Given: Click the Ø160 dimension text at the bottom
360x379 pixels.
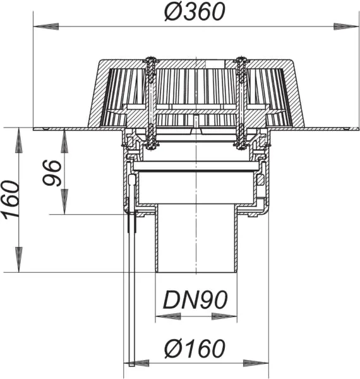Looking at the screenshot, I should tap(196, 348).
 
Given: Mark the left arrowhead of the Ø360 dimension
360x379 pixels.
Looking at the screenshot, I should tap(39, 27).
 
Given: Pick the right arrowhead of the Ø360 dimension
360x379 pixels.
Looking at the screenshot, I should tap(328, 27).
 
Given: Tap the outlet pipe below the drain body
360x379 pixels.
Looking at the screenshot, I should tap(196, 240).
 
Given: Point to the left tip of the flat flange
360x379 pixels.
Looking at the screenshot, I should tap(34, 129).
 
